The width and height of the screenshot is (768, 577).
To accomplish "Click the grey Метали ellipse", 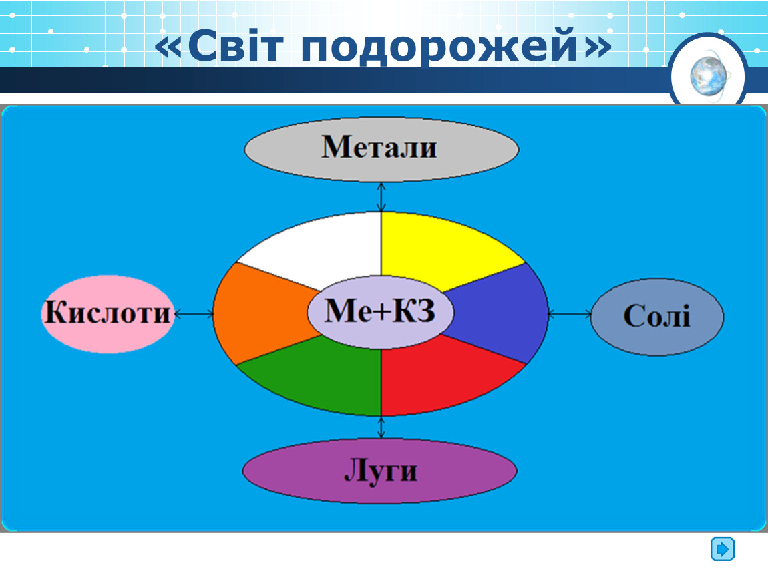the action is (381, 148).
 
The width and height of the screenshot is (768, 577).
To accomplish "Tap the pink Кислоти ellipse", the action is (108, 314).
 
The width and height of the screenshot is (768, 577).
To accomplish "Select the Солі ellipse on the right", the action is (657, 317).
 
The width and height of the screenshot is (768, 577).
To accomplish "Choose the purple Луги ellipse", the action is (379, 471).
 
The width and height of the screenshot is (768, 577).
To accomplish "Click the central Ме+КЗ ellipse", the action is (381, 312).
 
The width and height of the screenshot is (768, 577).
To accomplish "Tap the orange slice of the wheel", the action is (260, 313).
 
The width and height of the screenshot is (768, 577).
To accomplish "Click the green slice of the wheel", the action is (319, 377).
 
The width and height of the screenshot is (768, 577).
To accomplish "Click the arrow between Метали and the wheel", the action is (381, 197).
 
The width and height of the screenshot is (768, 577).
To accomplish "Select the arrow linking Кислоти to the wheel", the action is (194, 313).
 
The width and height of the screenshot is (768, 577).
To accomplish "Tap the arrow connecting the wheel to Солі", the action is (570, 313).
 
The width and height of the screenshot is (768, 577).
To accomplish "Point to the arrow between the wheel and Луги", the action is (381, 427).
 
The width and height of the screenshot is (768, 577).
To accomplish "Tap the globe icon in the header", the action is (708, 76).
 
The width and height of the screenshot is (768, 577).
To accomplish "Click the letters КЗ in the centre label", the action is (413, 311).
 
